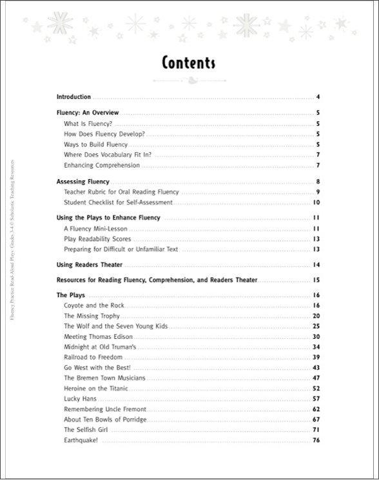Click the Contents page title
188,62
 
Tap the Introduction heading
73,97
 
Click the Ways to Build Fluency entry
96,144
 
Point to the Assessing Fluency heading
83,182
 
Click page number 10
316,202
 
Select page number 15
316,280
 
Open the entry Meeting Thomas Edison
97,336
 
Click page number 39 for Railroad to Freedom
316,357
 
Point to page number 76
316,440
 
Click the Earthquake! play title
81,440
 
